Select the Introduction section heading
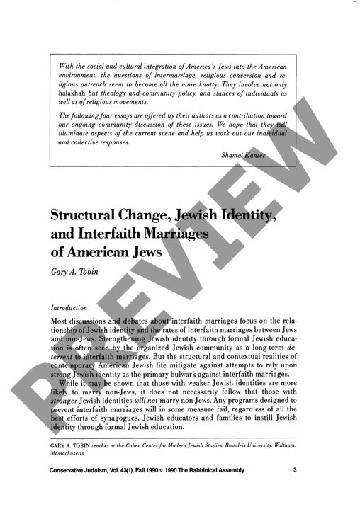[69, 308]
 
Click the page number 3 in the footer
[305, 490]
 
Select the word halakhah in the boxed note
[72, 93]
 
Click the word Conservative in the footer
[72, 490]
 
